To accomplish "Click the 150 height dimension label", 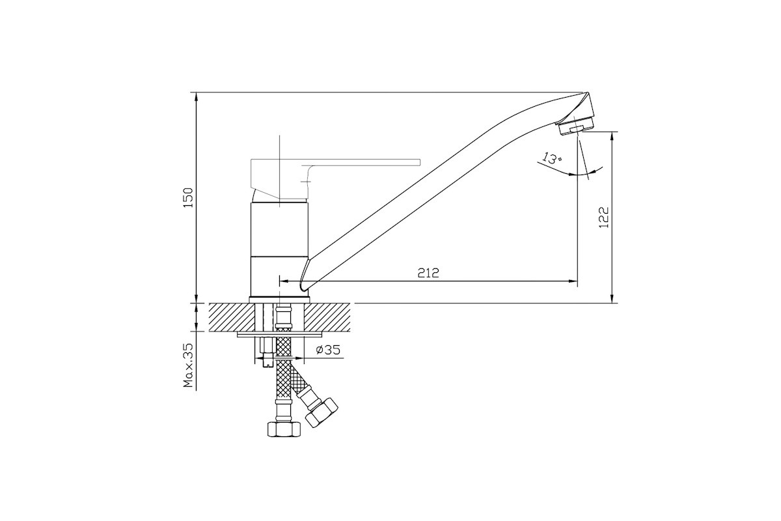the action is pyautogui.click(x=188, y=198).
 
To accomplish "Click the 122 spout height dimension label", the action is pyautogui.click(x=603, y=218).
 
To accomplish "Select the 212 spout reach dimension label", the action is pyautogui.click(x=428, y=273).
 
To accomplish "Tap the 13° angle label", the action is pyautogui.click(x=551, y=158).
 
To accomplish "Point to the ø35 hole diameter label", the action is pyautogui.click(x=328, y=349).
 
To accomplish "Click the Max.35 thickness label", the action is pyautogui.click(x=188, y=366).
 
